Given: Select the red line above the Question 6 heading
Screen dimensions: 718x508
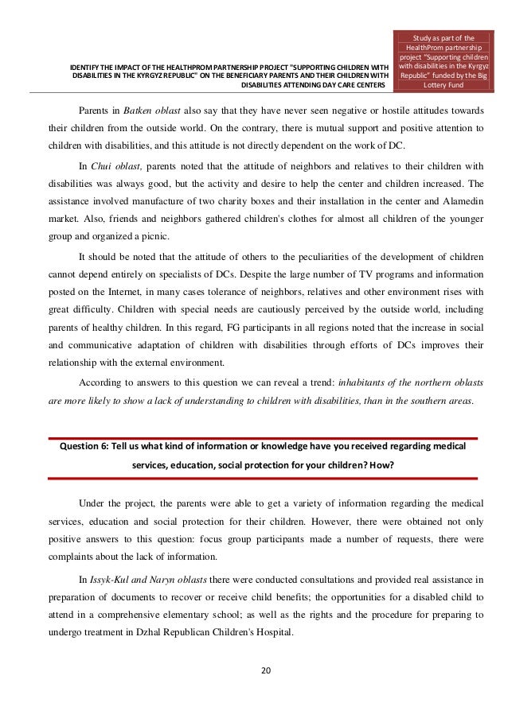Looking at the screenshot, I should [x=263, y=437].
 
